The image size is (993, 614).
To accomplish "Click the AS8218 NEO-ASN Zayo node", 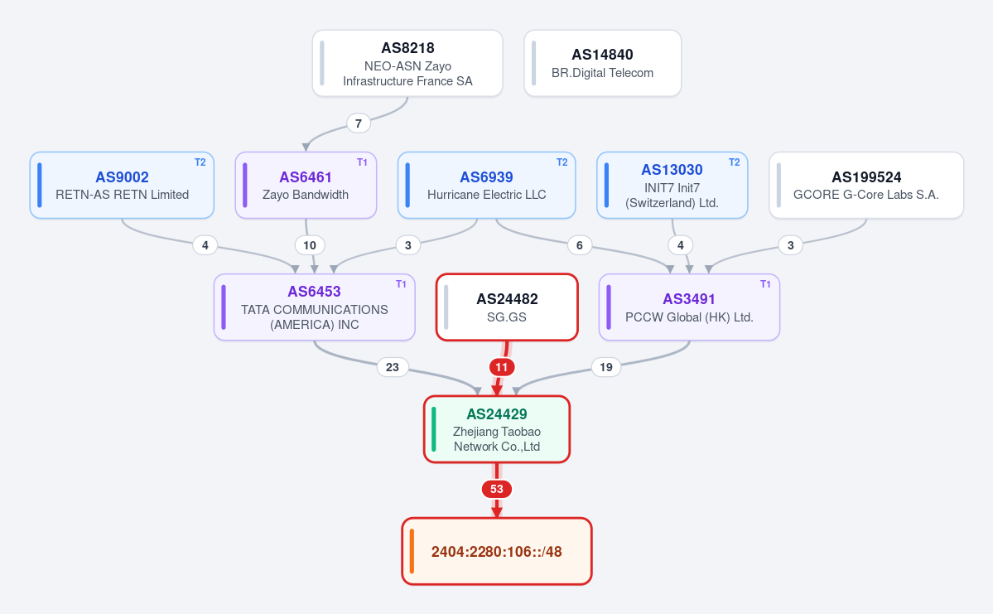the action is click(407, 63).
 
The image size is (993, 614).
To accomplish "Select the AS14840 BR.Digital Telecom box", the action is click(602, 63).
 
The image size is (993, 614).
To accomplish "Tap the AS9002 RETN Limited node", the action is click(122, 185).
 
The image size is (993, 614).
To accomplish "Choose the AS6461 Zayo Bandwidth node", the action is click(306, 185).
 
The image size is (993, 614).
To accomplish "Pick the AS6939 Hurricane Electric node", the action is click(486, 185).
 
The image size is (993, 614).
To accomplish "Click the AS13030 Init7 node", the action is click(672, 185).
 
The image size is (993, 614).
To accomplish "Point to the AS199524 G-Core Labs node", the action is click(866, 185).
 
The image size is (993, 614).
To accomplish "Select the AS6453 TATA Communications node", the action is click(314, 307).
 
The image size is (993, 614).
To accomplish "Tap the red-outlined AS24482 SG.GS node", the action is click(507, 307).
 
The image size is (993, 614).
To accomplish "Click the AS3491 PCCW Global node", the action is click(689, 307).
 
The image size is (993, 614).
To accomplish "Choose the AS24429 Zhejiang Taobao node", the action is click(497, 429).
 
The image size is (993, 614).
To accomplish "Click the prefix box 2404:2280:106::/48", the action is click(497, 551).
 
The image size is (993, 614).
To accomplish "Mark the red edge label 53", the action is click(497, 489).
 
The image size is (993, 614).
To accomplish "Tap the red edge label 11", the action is click(502, 367).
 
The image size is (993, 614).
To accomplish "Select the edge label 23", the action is click(393, 367).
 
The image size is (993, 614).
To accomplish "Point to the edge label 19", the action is click(606, 367).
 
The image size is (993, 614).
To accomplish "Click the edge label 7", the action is click(359, 123).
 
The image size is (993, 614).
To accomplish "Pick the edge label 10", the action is click(310, 245).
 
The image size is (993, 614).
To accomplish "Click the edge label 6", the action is click(580, 245).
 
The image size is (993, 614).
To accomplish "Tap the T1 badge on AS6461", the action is click(362, 162).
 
